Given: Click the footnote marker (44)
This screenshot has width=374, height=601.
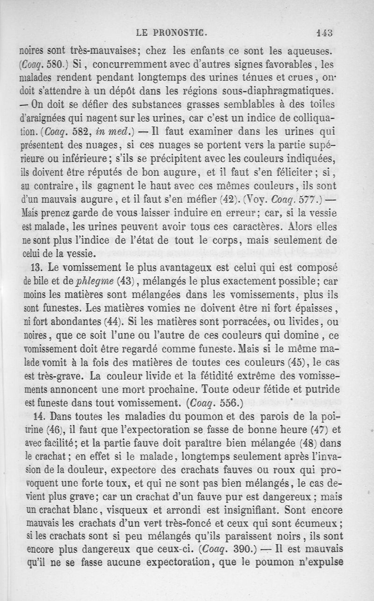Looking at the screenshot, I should tap(111, 323).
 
